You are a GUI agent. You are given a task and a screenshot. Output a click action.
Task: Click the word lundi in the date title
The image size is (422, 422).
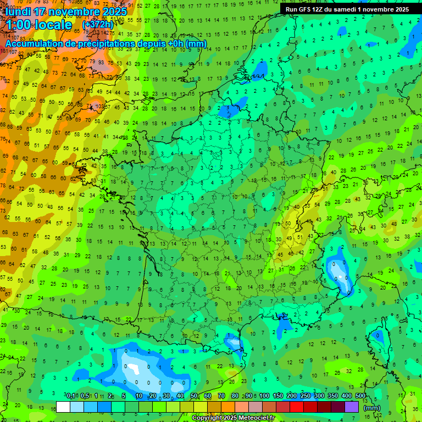pos(18,12)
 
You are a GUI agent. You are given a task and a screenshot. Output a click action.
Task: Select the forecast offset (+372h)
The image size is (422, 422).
pos(98,25)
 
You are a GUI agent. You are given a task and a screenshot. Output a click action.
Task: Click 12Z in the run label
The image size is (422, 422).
pos(317,9)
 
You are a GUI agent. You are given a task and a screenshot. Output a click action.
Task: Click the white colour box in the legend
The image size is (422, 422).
pos(63,407)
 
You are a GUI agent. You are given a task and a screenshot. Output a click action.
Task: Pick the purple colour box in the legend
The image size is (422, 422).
pos(352,407)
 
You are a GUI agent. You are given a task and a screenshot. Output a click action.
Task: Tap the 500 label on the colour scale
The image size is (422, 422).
pos(360,396)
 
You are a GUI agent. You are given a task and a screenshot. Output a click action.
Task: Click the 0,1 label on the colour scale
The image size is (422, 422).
pos(71,396)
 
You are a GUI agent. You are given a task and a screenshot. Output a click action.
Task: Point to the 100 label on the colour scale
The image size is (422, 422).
pos(264,396)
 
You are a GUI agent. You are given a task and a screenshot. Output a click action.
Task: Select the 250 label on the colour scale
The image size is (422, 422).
pos(306,396)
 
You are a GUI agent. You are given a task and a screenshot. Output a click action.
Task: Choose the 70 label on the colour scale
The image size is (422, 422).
pos(221,396)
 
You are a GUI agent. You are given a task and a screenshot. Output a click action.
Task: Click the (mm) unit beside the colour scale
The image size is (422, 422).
pos(372,408)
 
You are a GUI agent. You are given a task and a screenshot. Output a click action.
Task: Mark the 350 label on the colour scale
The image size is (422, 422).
pos(333,396)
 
